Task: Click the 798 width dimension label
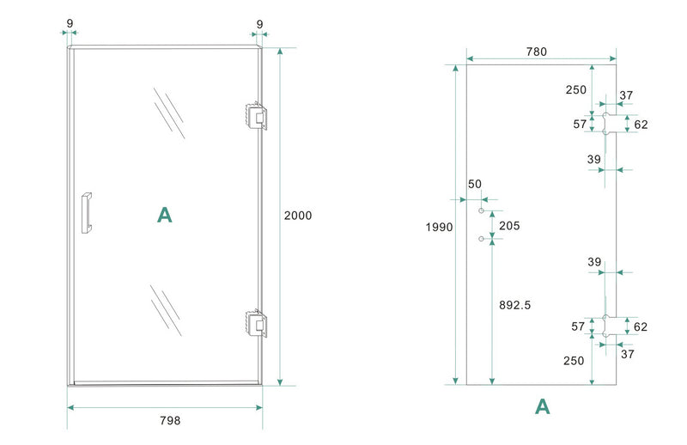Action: pos(170,420)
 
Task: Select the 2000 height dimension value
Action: pos(298,216)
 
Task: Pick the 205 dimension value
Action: pos(509,226)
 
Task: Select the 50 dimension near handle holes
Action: pos(476,185)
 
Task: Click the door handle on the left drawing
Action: pos(86,212)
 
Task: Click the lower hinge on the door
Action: pos(255,322)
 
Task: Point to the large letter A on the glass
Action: pos(165,215)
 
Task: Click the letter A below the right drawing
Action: pos(542,406)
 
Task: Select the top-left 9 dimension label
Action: pos(69,21)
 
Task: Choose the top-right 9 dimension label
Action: pos(259,21)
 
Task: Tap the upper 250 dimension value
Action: pos(576,89)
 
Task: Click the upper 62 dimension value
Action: pos(641,125)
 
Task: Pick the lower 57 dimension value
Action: pos(579,326)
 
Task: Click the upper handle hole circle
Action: pos(482,211)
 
